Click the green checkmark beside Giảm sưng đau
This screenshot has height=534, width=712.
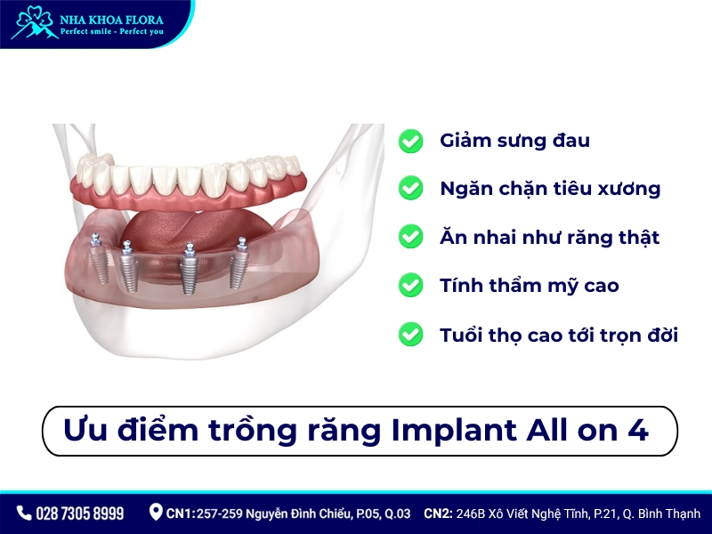pyautogui.click(x=410, y=141)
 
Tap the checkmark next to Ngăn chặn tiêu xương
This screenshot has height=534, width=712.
pyautogui.click(x=410, y=189)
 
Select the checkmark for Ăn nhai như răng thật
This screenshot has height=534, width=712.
pyautogui.click(x=410, y=237)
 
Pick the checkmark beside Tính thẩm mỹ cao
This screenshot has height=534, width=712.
pyautogui.click(x=410, y=286)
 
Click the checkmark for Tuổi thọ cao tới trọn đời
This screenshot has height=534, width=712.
pyautogui.click(x=410, y=335)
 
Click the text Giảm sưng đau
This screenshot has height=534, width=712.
pyautogui.click(x=514, y=141)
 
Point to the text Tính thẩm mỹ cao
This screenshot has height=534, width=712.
pyautogui.click(x=529, y=286)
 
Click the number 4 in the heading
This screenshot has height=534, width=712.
pyautogui.click(x=637, y=430)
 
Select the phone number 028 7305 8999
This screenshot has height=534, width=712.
pyautogui.click(x=79, y=514)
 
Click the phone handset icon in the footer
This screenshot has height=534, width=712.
pyautogui.click(x=23, y=514)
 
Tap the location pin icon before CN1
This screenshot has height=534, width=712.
pyautogui.click(x=156, y=512)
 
